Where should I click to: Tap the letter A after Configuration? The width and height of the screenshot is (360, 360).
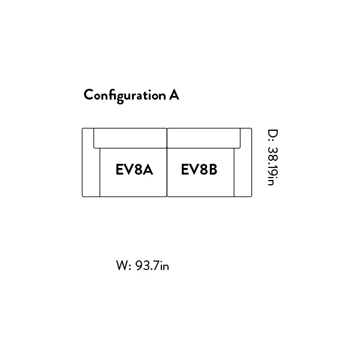pyautogui.click(x=174, y=95)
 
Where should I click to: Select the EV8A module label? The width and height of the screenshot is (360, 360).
pyautogui.click(x=134, y=169)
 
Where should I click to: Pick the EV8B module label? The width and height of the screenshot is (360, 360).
pyautogui.click(x=199, y=169)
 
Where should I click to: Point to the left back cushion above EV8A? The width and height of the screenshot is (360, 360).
pyautogui.click(x=130, y=138)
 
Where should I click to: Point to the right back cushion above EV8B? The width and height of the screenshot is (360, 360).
pyautogui.click(x=203, y=138)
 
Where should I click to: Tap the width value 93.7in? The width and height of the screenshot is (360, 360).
pyautogui.click(x=152, y=266)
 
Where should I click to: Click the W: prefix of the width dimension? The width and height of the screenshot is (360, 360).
pyautogui.click(x=124, y=266)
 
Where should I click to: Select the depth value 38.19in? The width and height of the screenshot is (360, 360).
pyautogui.click(x=273, y=166)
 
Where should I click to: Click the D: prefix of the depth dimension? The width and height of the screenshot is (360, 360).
pyautogui.click(x=273, y=136)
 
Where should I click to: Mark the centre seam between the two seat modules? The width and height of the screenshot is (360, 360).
pyautogui.click(x=167, y=172)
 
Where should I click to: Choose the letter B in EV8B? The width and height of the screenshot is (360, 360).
pyautogui.click(x=212, y=169)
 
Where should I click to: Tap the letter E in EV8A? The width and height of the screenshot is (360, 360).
pyautogui.click(x=119, y=169)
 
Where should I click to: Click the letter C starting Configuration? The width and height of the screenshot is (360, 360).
pyautogui.click(x=88, y=95)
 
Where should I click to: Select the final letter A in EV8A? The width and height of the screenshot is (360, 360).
pyautogui.click(x=148, y=169)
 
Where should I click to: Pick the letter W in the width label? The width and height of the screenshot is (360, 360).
pyautogui.click(x=122, y=266)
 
